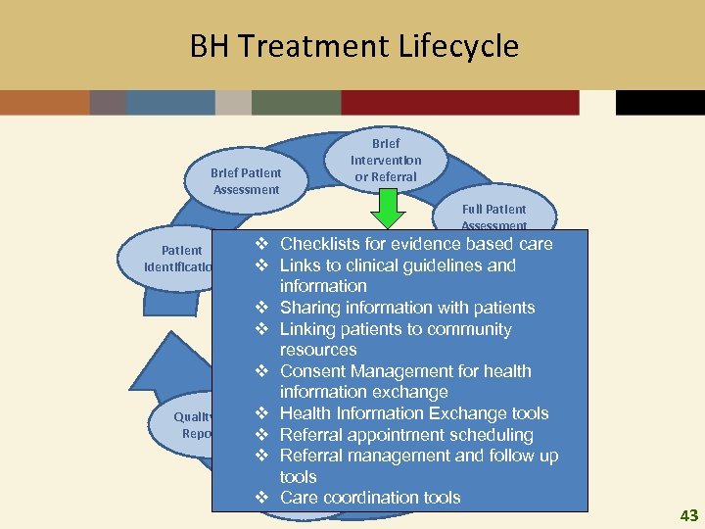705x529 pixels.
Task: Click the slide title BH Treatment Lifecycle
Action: (353, 46)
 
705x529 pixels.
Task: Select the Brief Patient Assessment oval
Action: (246, 181)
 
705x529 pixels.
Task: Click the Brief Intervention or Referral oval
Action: (386, 160)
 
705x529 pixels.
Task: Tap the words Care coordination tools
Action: (370, 498)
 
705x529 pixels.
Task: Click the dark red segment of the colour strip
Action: (460, 103)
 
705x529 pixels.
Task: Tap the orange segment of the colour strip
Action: (44, 103)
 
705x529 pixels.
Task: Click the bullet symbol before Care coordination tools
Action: (261, 498)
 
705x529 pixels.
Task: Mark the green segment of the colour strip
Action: (296, 103)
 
